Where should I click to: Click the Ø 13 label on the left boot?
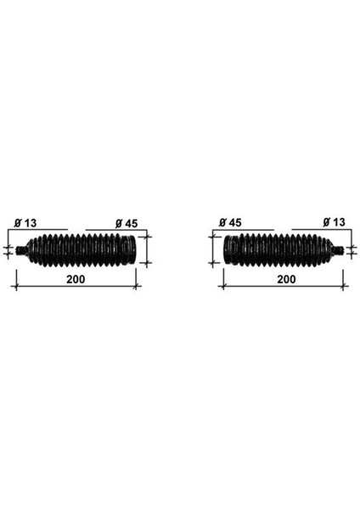tap(25, 222)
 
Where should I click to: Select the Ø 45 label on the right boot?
tap(229, 222)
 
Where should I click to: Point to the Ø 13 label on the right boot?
tap(334, 222)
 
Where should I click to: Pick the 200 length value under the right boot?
tap(285, 277)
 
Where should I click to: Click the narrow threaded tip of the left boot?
tap(22, 250)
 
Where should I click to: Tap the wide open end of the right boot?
tap(225, 249)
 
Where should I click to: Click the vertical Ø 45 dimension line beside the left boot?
tap(148, 249)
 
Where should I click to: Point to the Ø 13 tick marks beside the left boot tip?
tap(9, 250)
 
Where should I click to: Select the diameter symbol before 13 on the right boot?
tap(325, 222)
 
